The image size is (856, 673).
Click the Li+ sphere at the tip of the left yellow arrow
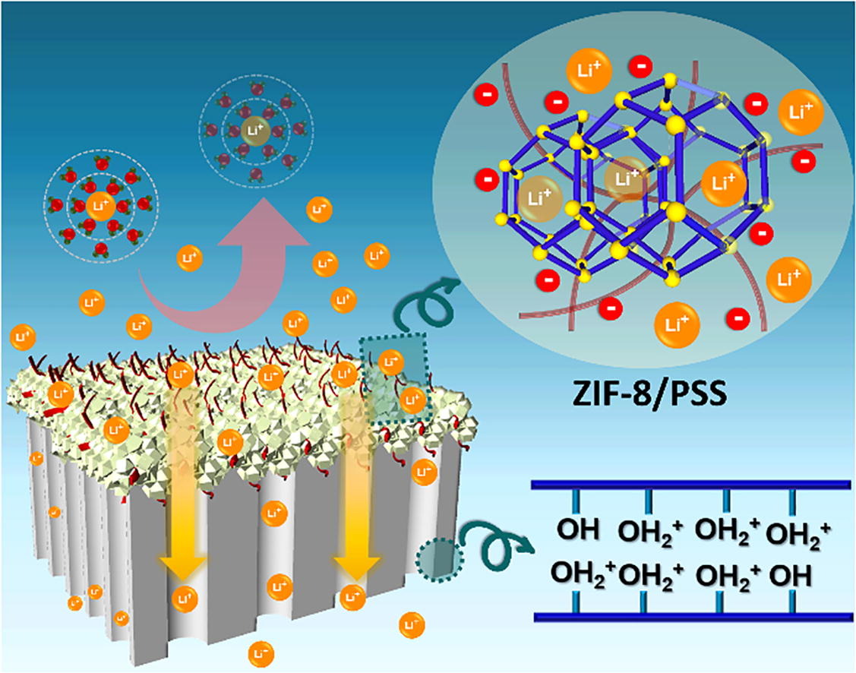pos(184,596)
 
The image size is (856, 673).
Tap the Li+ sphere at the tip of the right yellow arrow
pos(352,596)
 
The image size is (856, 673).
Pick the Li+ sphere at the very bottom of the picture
pos(261,652)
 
